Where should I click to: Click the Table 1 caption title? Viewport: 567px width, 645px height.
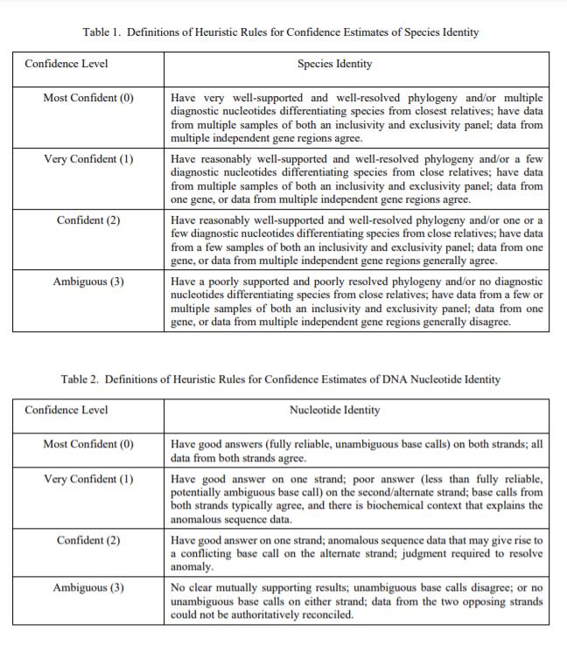(281, 32)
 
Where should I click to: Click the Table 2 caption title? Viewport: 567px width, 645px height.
(281, 379)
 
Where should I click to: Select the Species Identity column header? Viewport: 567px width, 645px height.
(334, 64)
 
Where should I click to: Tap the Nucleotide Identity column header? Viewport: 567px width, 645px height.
(334, 410)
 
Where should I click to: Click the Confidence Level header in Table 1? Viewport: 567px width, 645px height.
(66, 64)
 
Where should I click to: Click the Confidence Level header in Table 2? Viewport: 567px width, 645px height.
(66, 410)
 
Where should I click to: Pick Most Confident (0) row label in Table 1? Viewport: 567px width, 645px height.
(88, 97)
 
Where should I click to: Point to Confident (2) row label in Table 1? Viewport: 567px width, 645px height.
(88, 219)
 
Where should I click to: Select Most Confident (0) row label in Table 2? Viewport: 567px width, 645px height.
(88, 444)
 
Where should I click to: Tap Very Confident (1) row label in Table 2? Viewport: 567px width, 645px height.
(88, 479)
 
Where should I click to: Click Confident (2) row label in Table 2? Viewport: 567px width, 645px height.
(88, 540)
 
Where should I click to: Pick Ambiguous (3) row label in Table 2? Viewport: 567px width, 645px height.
(88, 587)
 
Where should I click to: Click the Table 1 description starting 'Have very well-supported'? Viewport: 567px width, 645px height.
(357, 117)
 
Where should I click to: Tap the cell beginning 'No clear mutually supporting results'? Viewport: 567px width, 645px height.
(357, 601)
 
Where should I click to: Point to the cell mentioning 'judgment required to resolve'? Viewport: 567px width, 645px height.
(357, 554)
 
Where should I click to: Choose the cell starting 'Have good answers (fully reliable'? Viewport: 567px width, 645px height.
(357, 451)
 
